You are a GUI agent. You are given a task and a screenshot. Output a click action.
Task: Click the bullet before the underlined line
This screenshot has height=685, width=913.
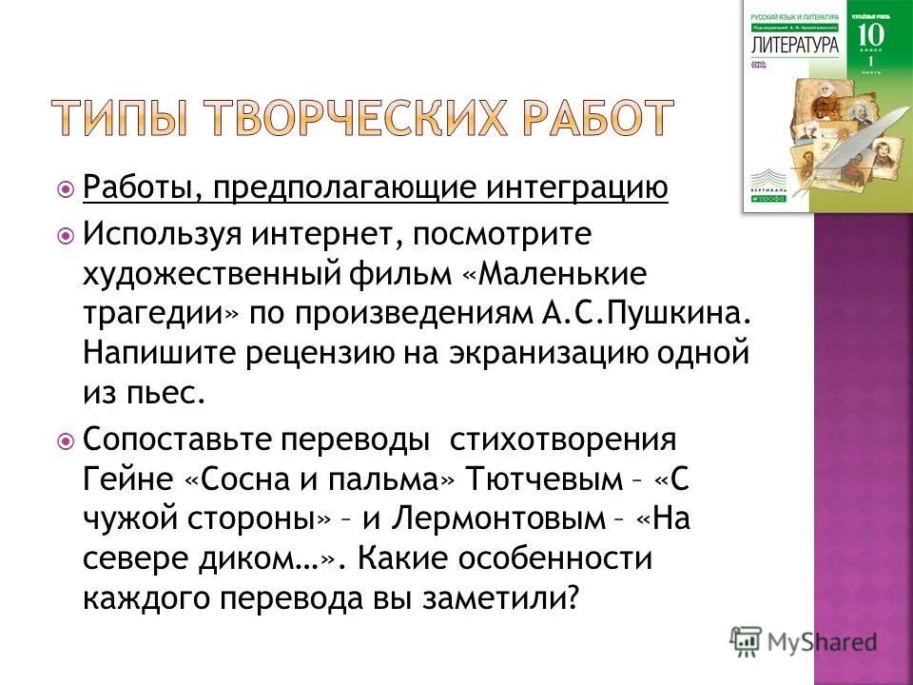[x=66, y=190]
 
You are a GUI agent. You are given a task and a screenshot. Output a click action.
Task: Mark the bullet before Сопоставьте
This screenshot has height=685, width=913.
[x=66, y=443]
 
